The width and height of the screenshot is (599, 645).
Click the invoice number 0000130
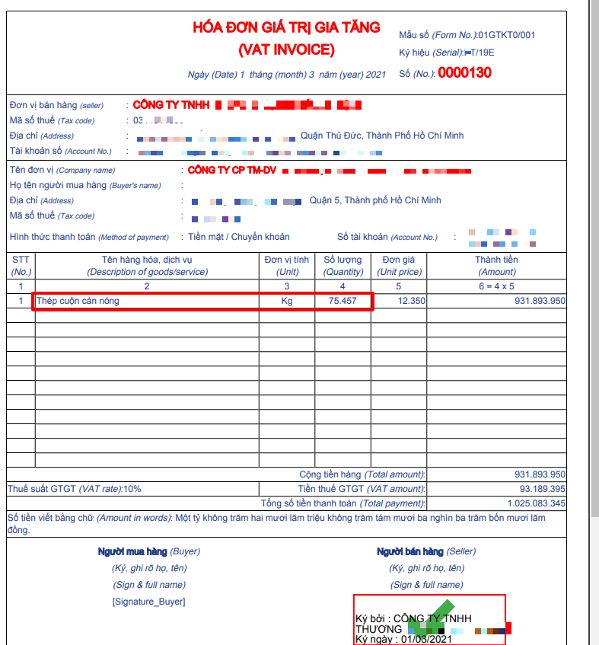pos(464,73)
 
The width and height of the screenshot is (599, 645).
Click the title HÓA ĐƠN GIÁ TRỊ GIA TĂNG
pos(286,27)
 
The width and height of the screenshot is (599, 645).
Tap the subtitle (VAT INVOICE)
pos(286,50)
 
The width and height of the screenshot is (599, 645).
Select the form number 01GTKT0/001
pos(507,35)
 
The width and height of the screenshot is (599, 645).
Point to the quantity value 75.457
pos(343,301)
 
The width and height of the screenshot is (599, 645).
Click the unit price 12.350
pos(411,301)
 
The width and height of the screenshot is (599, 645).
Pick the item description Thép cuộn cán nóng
pos(78,301)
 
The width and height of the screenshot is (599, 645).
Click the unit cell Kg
pos(287,301)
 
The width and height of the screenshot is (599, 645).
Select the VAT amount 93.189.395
pos(542,489)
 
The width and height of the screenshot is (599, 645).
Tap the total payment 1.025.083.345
pos(537,503)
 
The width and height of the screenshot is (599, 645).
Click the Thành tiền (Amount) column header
pos(498,266)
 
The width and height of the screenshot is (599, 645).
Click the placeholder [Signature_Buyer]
pos(148,602)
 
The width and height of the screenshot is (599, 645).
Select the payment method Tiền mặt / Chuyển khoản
pos(239,237)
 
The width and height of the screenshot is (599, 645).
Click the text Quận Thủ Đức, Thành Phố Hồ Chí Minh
pos(382,136)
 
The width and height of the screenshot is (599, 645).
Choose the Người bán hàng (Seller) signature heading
pos(426,551)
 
